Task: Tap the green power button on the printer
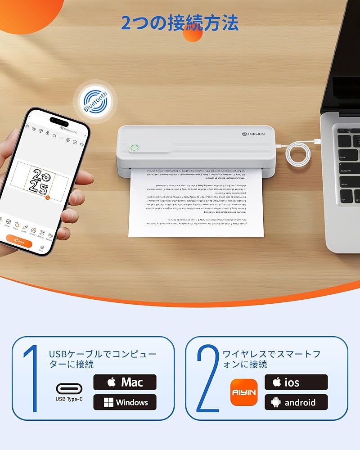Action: point(134,148)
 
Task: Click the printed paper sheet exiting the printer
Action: point(196,202)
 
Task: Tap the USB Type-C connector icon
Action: point(69,388)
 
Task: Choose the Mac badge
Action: point(125,382)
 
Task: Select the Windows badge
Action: point(125,402)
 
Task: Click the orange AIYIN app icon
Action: point(243,392)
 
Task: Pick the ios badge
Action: point(296,382)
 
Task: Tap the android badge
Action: point(296,402)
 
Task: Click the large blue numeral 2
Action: point(207,378)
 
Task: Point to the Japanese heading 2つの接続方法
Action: point(180,22)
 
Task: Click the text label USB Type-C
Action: point(69,398)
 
